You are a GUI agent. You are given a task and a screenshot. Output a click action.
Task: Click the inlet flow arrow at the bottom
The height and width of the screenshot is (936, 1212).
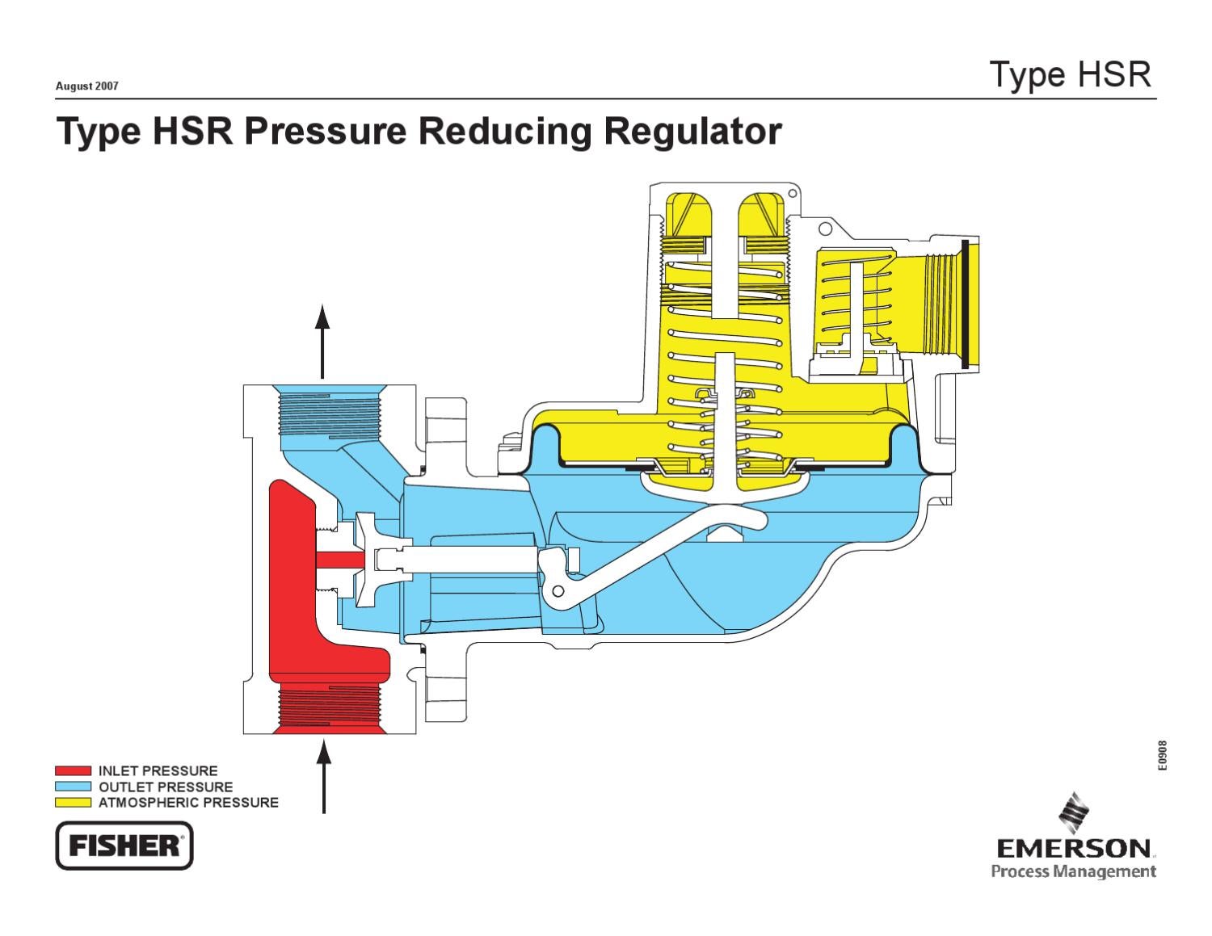pyautogui.click(x=324, y=776)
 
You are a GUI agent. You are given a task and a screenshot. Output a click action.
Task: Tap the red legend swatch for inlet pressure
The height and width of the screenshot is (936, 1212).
pyautogui.click(x=73, y=771)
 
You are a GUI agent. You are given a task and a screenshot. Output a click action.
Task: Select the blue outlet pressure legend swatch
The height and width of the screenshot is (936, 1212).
pyautogui.click(x=73, y=787)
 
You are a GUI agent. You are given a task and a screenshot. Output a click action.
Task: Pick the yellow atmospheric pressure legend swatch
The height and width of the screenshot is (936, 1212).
pyautogui.click(x=73, y=803)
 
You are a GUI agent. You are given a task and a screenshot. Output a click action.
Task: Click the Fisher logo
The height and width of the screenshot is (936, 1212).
pyautogui.click(x=124, y=846)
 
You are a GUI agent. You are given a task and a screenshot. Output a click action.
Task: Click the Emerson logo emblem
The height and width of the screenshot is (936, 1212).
pyautogui.click(x=1074, y=812)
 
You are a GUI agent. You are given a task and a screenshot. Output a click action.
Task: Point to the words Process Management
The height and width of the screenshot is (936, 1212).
pyautogui.click(x=1073, y=871)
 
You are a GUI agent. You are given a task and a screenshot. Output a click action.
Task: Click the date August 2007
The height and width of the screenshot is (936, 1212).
pyautogui.click(x=86, y=86)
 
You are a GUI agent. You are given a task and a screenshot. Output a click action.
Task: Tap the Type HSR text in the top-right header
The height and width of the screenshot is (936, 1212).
pyautogui.click(x=1070, y=74)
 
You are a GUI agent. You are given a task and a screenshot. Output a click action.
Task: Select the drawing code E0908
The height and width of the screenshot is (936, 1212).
pyautogui.click(x=1162, y=756)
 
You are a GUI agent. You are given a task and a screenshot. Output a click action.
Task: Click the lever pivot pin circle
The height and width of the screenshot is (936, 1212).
pyautogui.click(x=557, y=593)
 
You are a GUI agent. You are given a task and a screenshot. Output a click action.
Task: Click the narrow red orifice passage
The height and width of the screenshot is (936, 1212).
pyautogui.click(x=339, y=559)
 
